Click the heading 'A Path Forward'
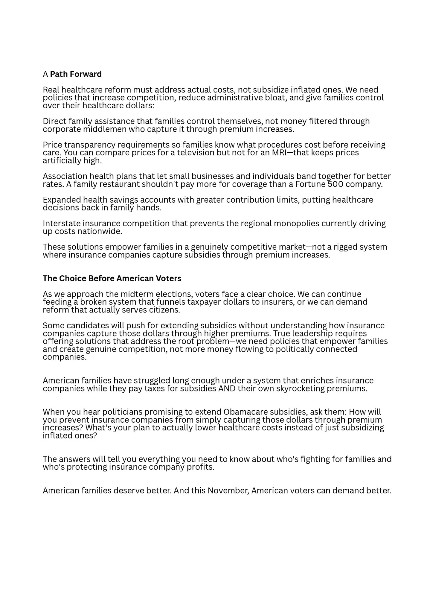click(72, 74)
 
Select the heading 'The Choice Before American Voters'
click(112, 278)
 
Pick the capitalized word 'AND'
click(227, 389)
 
